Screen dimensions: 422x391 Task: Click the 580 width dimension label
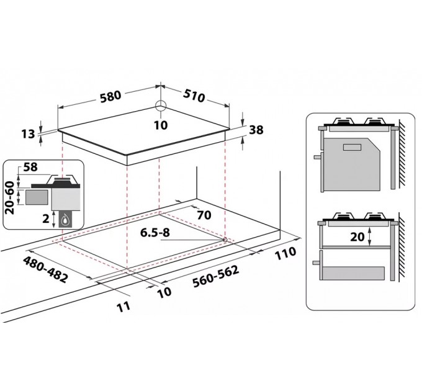pyautogui.click(x=110, y=97)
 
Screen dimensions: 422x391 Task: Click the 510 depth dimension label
pyautogui.click(x=194, y=96)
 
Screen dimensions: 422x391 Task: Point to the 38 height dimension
pyautogui.click(x=256, y=130)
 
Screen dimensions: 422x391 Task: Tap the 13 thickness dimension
pyautogui.click(x=29, y=133)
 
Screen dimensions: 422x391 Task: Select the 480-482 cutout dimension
pyautogui.click(x=45, y=269)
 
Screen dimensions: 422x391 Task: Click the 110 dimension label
pyautogui.click(x=285, y=253)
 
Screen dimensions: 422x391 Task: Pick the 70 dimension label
pyautogui.click(x=204, y=215)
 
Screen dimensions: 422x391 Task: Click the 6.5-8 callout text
pyautogui.click(x=155, y=233)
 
